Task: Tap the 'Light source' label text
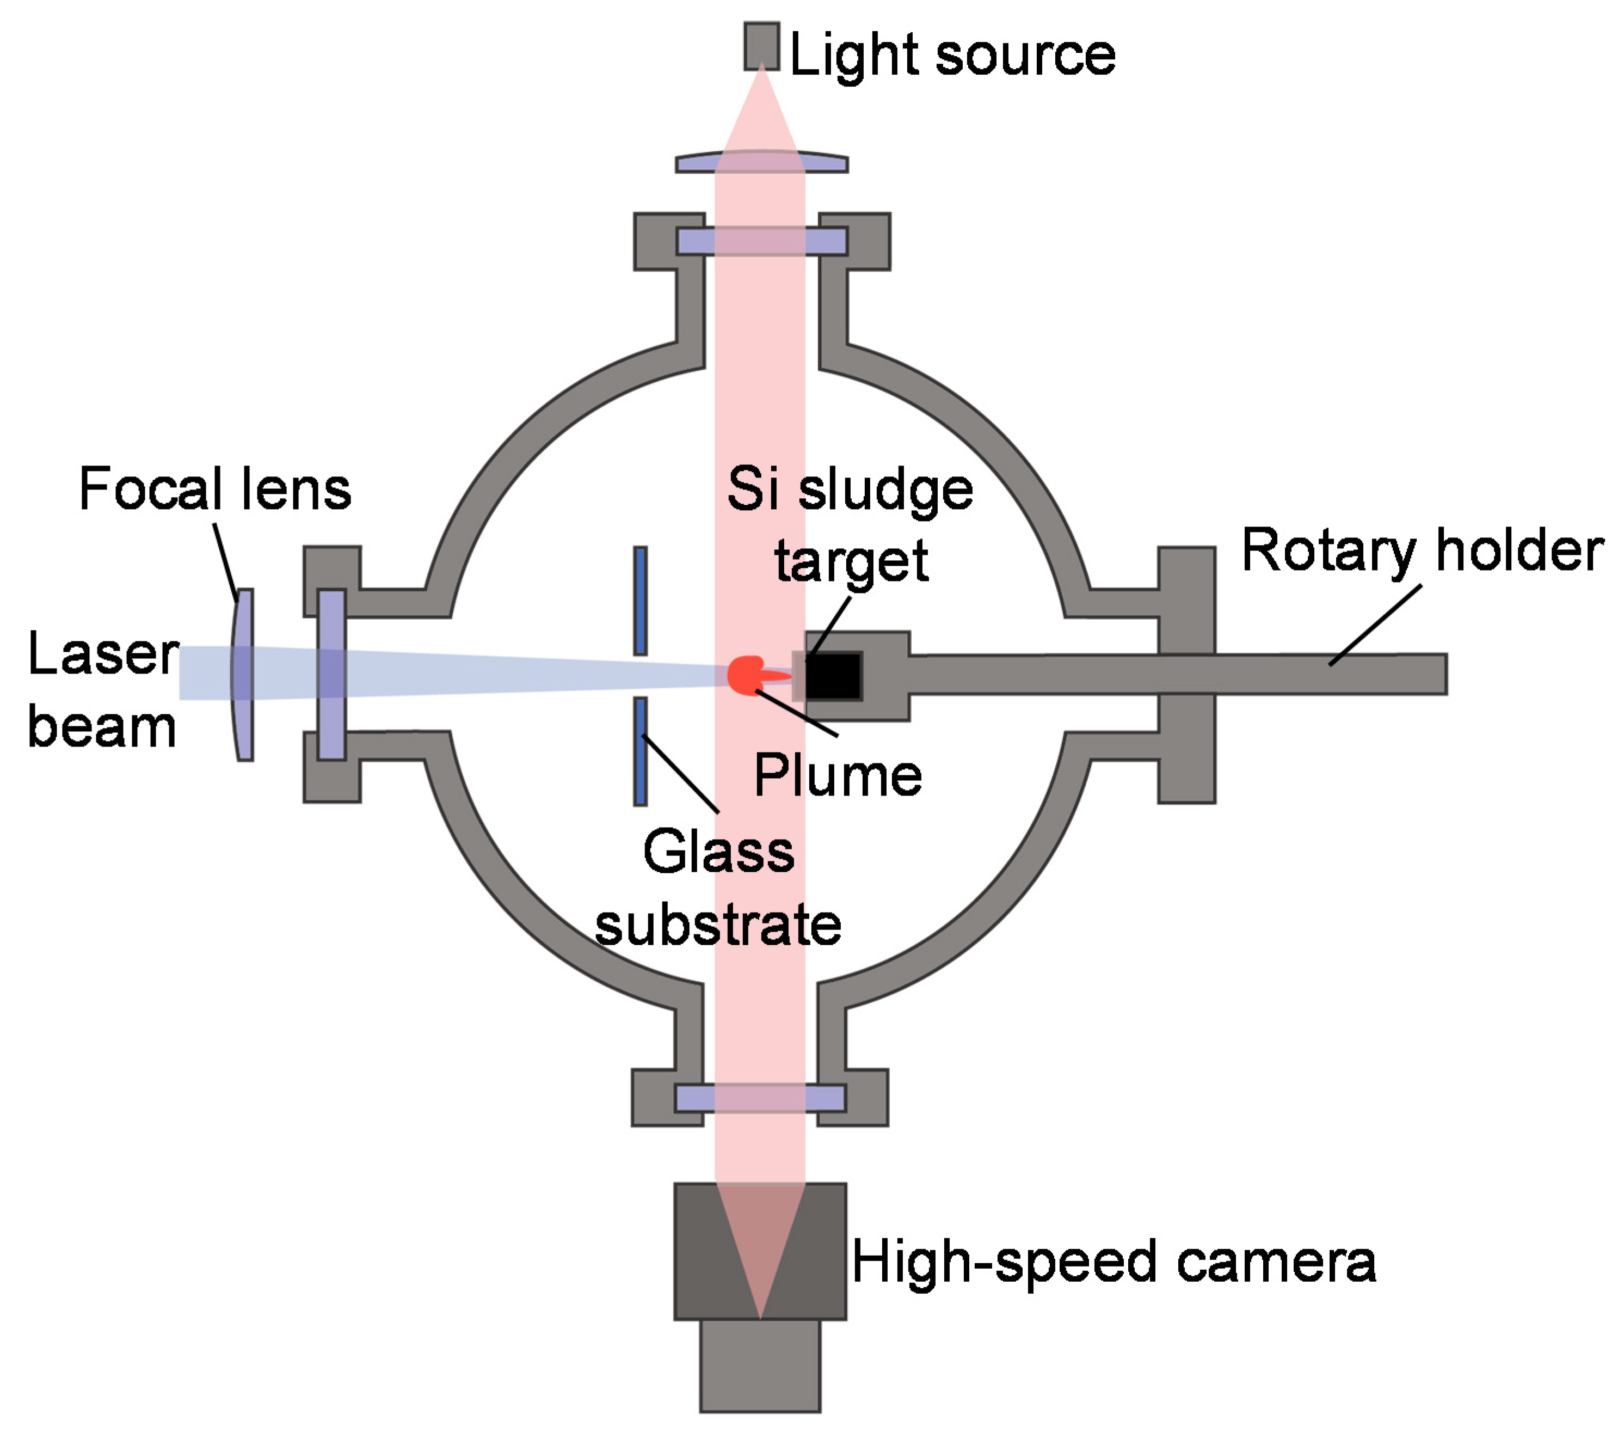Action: click(952, 56)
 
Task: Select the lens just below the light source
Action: click(761, 163)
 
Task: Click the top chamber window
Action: click(761, 241)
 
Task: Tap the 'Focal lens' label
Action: click(214, 489)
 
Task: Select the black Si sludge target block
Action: click(834, 676)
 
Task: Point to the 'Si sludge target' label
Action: click(850, 524)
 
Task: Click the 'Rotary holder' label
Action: click(1422, 550)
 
